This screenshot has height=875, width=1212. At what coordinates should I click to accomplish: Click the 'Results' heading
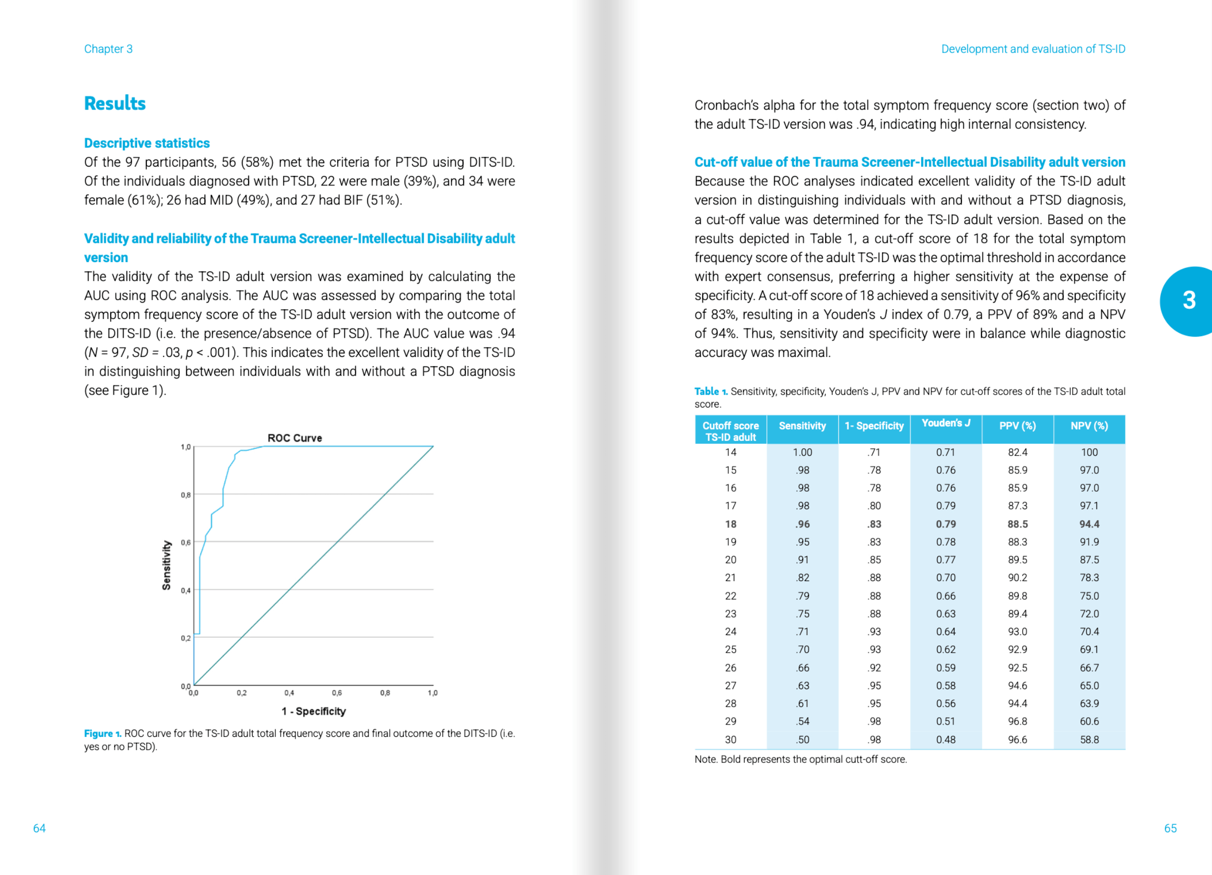click(115, 103)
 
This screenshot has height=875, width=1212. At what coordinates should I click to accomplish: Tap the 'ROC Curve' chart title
click(294, 438)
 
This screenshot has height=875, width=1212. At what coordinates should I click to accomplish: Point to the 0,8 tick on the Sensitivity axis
click(185, 495)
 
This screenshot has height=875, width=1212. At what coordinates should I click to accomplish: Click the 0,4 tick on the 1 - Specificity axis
click(289, 693)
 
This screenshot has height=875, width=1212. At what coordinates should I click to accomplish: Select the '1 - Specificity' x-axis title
click(314, 711)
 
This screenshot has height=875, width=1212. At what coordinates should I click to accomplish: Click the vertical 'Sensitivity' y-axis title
click(166, 565)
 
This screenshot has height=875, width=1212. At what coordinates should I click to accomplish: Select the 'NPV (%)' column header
click(1089, 426)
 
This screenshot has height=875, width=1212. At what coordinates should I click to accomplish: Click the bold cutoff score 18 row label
click(730, 524)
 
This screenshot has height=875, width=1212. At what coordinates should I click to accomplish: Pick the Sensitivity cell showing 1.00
click(802, 452)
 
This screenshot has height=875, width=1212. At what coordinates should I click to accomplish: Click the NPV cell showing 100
click(1089, 452)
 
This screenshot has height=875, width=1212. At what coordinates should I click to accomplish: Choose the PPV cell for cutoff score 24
click(1017, 632)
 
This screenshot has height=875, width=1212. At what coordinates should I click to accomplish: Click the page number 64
click(39, 828)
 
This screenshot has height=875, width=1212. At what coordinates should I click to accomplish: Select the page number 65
click(1170, 828)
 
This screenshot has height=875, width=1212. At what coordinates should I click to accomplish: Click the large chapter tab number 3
click(1189, 300)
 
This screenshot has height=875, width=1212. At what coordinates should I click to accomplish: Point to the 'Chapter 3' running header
click(109, 49)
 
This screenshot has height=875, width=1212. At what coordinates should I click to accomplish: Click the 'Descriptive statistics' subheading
click(147, 143)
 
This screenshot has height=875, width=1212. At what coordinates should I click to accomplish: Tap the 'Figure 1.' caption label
click(103, 733)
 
